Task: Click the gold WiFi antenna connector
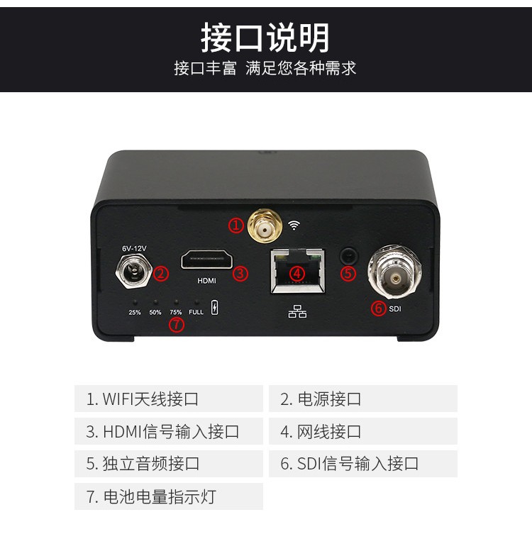click(x=265, y=225)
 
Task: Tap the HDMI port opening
click(x=207, y=260)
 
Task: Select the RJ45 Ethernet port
click(x=297, y=271)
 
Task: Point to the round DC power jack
click(x=134, y=271)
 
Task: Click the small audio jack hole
click(x=348, y=256)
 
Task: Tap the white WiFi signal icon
click(x=294, y=225)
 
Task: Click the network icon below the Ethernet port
click(x=297, y=311)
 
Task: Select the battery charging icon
click(x=214, y=308)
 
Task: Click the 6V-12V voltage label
click(x=134, y=249)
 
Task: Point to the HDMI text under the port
click(x=206, y=281)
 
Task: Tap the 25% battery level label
click(x=135, y=312)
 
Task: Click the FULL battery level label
click(x=196, y=312)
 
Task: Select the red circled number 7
click(x=177, y=324)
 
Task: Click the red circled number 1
click(x=235, y=226)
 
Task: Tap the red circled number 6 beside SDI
click(x=378, y=308)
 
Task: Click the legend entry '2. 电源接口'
click(x=321, y=399)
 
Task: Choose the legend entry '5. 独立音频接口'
click(x=143, y=464)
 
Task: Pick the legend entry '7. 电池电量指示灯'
click(x=151, y=496)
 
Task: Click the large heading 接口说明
click(x=265, y=38)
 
